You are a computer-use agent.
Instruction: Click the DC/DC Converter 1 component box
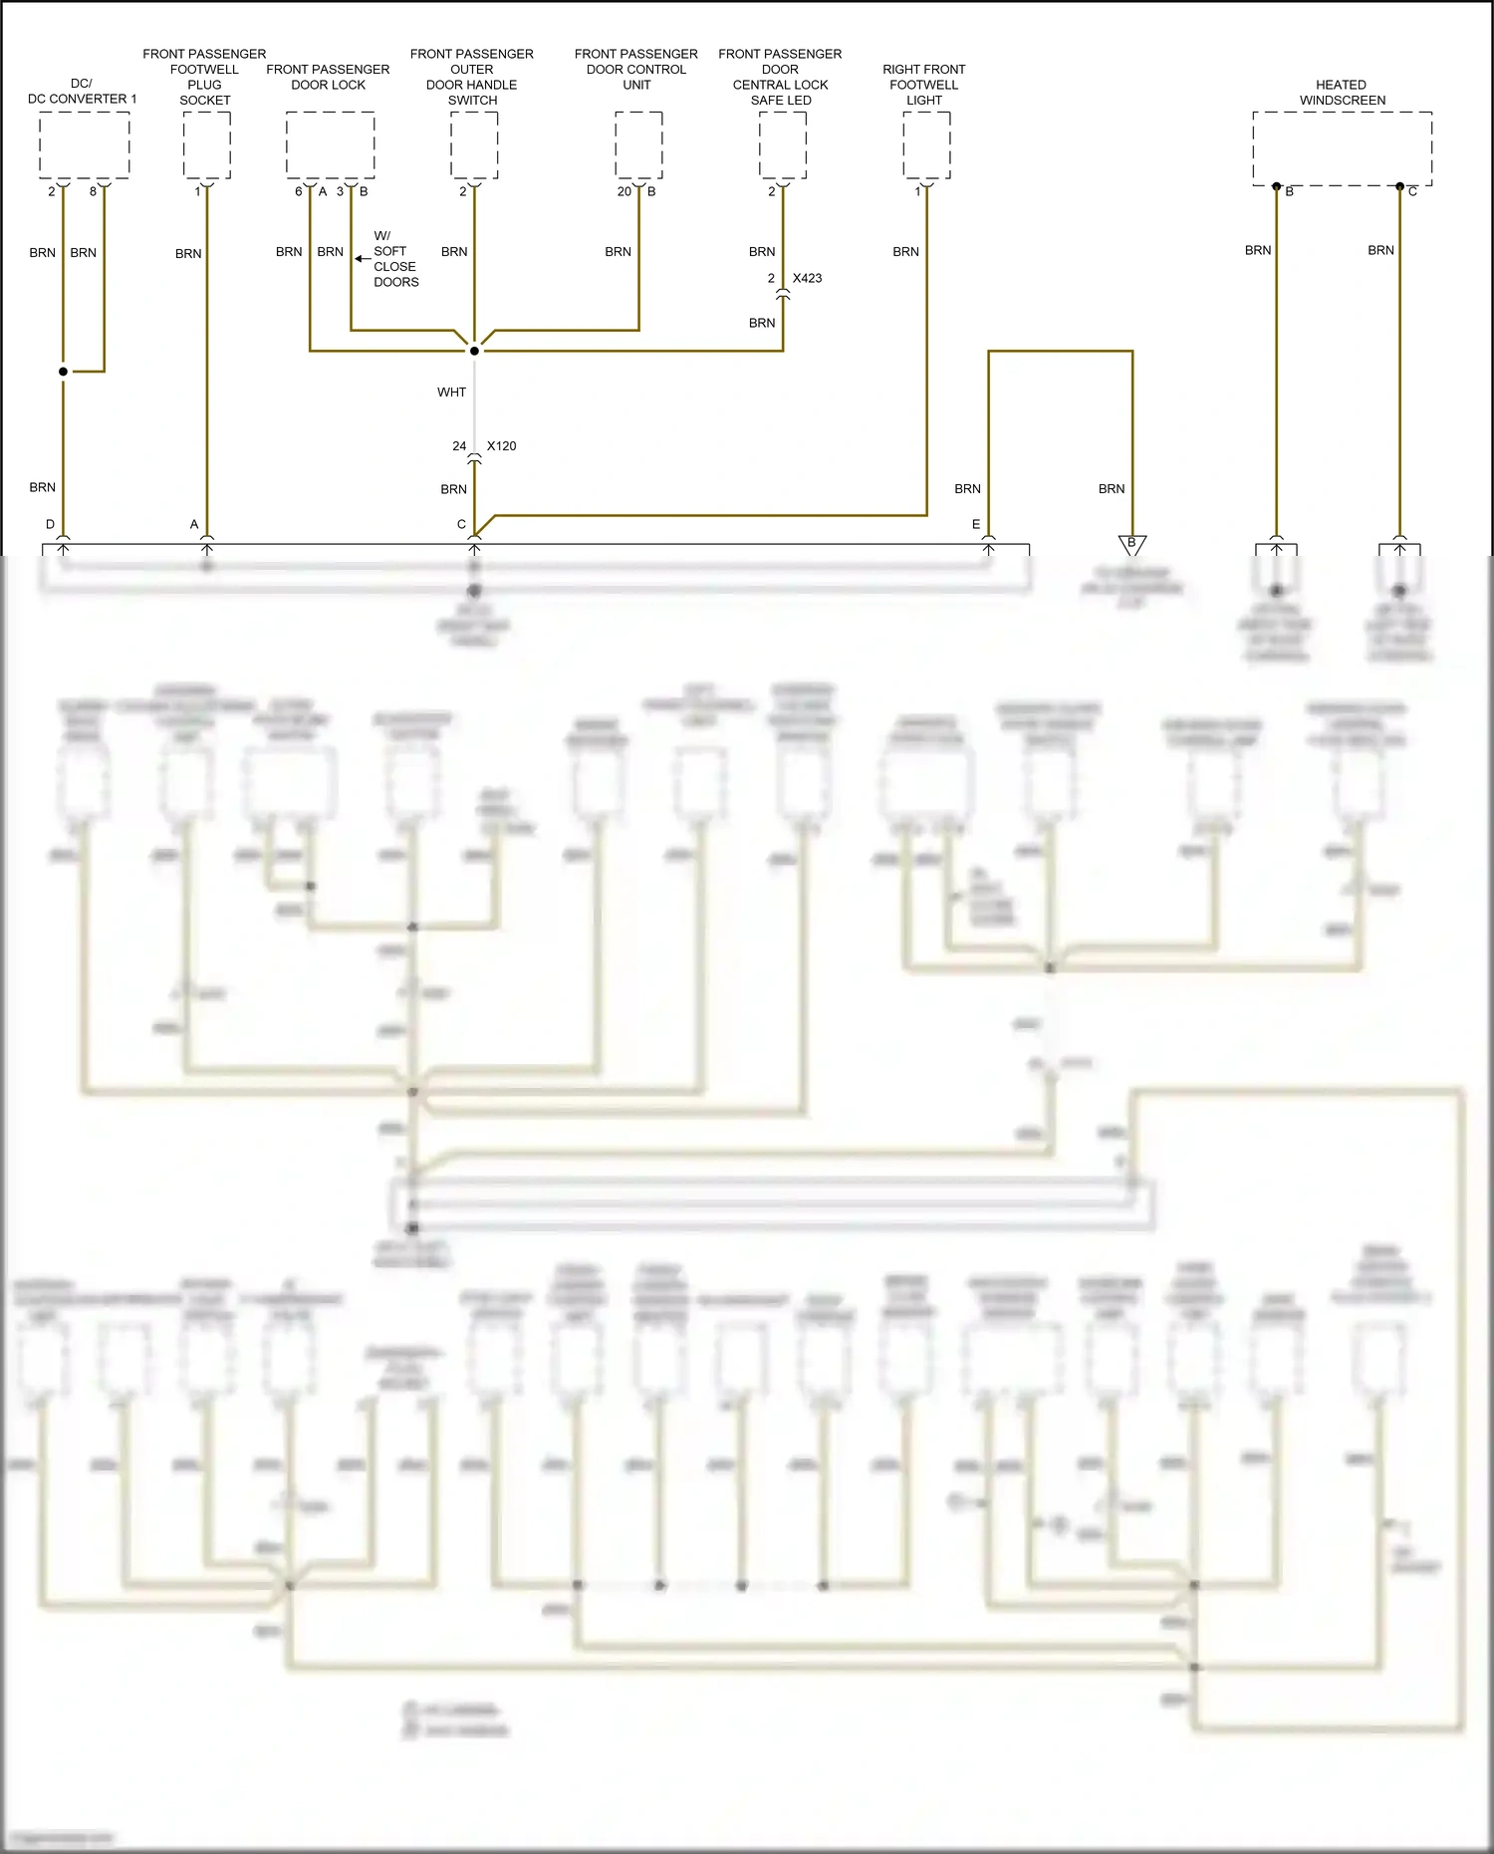[x=85, y=145]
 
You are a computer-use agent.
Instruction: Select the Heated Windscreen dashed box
[x=1342, y=147]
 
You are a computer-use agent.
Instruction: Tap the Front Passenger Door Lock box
[x=330, y=145]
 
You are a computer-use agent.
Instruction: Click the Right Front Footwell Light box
[x=926, y=145]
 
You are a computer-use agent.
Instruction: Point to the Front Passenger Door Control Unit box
[x=638, y=145]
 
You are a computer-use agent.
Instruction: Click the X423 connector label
[x=807, y=278]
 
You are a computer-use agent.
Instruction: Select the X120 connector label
[x=501, y=446]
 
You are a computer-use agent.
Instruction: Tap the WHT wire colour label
[x=451, y=393]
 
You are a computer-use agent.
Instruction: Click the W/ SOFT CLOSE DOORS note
[x=395, y=259]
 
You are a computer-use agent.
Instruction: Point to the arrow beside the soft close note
[x=363, y=259]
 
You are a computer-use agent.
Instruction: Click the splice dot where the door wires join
[x=474, y=351]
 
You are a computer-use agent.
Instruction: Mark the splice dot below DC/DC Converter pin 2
[x=63, y=372]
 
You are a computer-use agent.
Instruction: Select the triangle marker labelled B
[x=1132, y=544]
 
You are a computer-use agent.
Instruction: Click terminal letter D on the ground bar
[x=50, y=524]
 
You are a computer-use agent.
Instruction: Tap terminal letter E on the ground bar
[x=976, y=524]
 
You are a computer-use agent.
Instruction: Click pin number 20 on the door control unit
[x=624, y=191]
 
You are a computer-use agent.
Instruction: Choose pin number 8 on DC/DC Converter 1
[x=94, y=191]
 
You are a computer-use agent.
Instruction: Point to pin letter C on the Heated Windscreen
[x=1412, y=191]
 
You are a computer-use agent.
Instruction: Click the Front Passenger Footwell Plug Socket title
[x=204, y=77]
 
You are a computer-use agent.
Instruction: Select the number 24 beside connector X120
[x=459, y=446]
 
